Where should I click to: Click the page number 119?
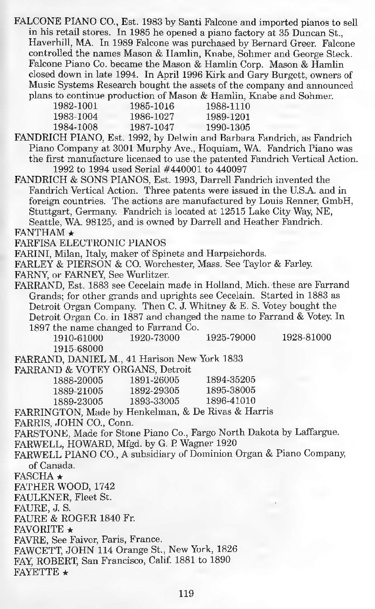pos(186,593)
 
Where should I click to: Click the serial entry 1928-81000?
pos(307,337)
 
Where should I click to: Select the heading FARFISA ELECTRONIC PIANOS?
pos(90,243)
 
